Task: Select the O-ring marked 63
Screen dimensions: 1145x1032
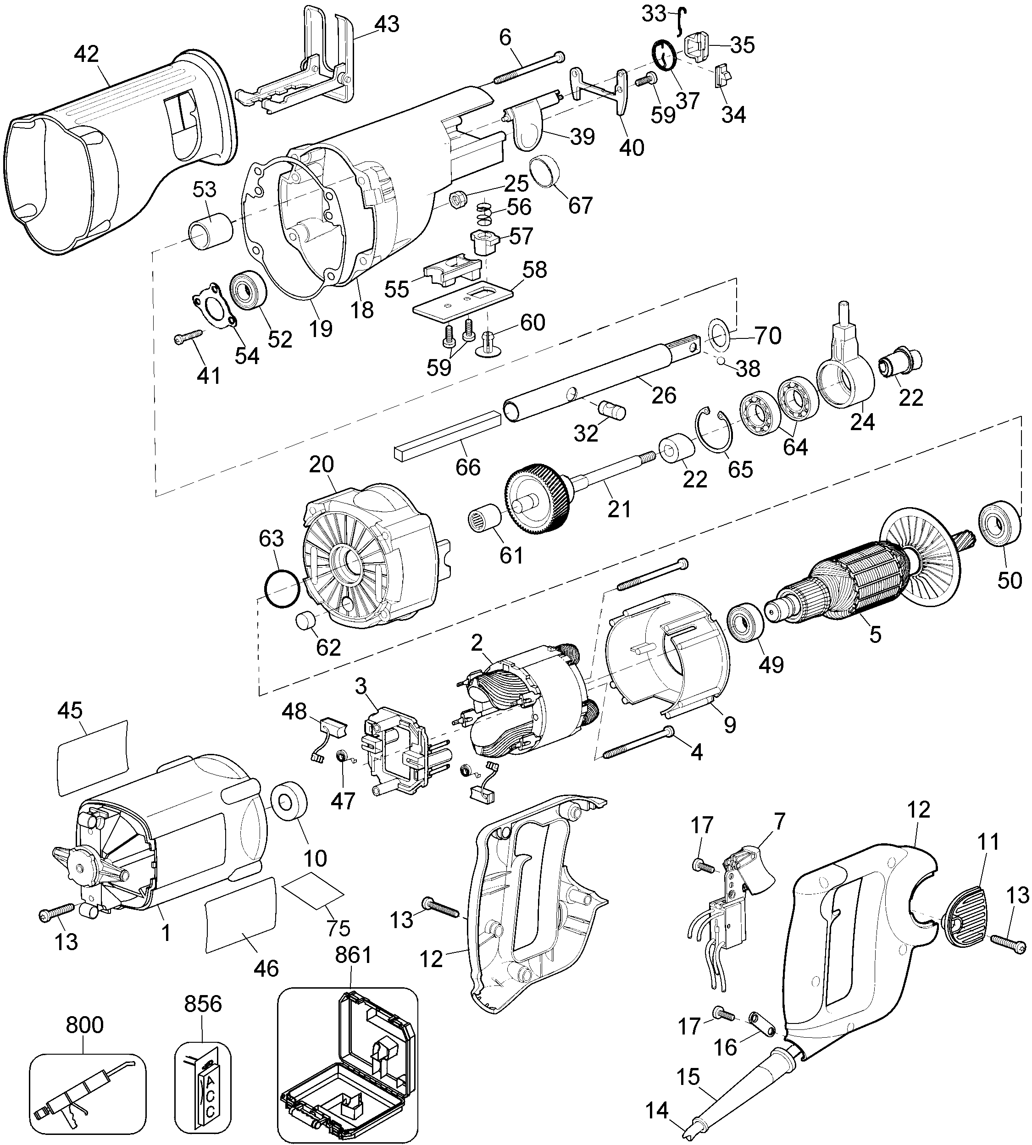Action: pyautogui.click(x=282, y=590)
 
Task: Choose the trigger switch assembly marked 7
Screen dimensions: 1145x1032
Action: pyautogui.click(x=737, y=901)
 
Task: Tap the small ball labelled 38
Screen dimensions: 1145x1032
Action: pyautogui.click(x=720, y=360)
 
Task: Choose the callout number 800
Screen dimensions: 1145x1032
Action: pyautogui.click(x=84, y=1025)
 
